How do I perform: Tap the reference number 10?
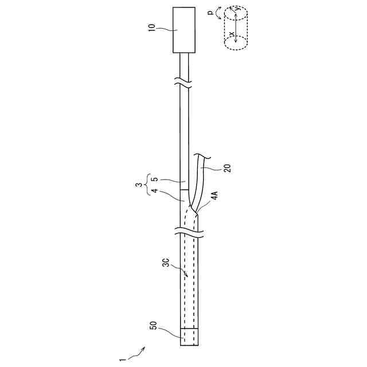click(153, 27)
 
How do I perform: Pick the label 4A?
click(213, 197)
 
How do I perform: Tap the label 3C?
click(165, 264)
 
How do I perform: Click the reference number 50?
click(153, 326)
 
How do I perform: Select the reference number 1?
click(122, 360)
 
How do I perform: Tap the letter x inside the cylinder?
click(232, 34)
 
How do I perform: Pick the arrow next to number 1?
click(136, 353)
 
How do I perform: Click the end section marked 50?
click(189, 337)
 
